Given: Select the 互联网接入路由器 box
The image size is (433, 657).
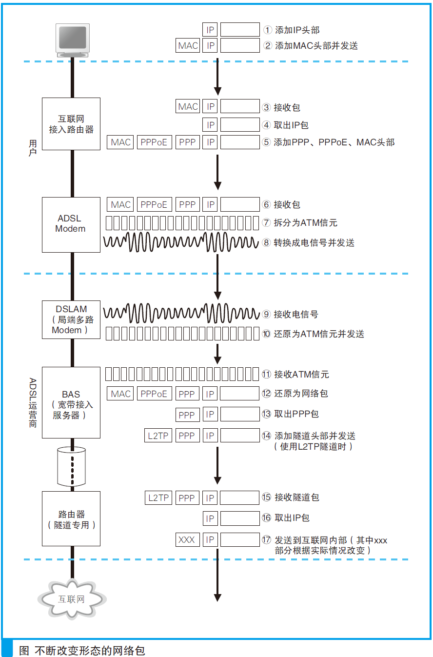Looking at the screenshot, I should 71,124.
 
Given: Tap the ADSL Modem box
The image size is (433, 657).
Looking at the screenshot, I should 71,224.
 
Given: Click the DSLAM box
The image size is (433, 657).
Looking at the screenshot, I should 71,319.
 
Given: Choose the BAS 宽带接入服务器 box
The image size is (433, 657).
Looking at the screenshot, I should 71,403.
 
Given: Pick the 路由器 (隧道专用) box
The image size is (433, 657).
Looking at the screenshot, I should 71,518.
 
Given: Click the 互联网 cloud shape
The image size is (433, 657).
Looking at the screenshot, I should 72,599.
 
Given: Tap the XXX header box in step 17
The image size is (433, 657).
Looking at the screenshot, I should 187,539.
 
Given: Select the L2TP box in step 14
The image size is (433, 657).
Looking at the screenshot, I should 158,436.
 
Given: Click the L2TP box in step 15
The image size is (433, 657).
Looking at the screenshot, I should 158,498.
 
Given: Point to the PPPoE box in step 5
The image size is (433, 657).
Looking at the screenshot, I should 154,142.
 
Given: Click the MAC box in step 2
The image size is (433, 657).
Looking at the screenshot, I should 188,46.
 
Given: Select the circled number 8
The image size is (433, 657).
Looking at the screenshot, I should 266,242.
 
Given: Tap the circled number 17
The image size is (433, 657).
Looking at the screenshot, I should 266,540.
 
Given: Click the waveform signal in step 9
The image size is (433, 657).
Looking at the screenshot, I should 181,313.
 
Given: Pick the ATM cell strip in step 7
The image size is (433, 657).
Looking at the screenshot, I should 182,223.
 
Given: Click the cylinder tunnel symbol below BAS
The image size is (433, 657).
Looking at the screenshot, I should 71,467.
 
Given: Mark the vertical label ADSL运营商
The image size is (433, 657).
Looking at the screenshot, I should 33,403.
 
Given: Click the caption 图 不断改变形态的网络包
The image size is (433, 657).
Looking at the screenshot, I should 82,651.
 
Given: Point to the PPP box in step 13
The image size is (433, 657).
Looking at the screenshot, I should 187,415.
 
